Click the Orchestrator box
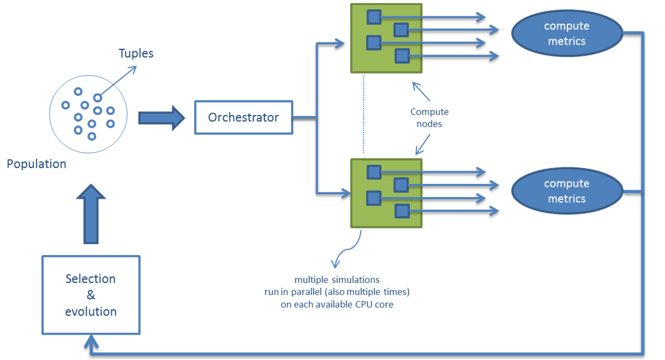tap(244, 117)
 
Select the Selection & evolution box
tap(91, 295)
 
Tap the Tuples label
tap(136, 53)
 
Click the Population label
tap(37, 164)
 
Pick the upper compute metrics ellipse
tap(567, 33)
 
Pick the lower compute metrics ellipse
tap(567, 191)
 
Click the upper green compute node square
tap(386, 64)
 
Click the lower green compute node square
tap(386, 221)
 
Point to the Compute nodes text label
tap(429, 118)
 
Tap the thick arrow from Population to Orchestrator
tap(161, 118)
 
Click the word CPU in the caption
tap(364, 305)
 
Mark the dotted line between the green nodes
tap(363, 114)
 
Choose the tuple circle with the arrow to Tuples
tap(98, 98)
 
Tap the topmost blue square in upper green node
tap(374, 17)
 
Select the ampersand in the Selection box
tap(91, 295)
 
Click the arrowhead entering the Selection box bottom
tap(91, 341)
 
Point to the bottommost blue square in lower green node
tap(402, 211)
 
